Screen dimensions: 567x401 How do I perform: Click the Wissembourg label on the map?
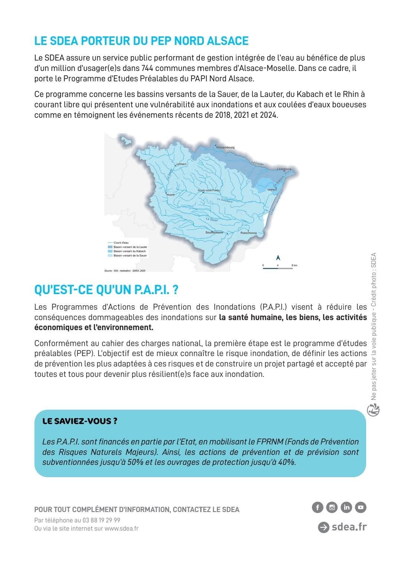pyautogui.click(x=225, y=147)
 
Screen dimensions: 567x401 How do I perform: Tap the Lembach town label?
pyautogui.click(x=181, y=164)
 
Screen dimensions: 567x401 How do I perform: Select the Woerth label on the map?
pyautogui.click(x=170, y=195)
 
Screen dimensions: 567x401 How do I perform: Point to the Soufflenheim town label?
pyautogui.click(x=214, y=232)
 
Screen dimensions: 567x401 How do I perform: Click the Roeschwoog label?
pyautogui.click(x=248, y=233)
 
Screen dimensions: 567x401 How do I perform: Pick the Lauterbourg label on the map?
pyautogui.click(x=284, y=169)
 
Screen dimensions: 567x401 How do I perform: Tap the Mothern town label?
pyautogui.click(x=272, y=189)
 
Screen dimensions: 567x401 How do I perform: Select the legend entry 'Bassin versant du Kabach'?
pyautogui.click(x=130, y=251)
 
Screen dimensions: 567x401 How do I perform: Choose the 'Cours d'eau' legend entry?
pyautogui.click(x=121, y=242)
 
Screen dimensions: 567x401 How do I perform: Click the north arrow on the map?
pyautogui.click(x=278, y=258)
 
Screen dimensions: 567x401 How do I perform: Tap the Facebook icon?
pyautogui.click(x=317, y=507)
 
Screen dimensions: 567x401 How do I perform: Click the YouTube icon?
pyautogui.click(x=361, y=507)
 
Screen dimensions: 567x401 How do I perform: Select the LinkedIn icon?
pyautogui.click(x=346, y=507)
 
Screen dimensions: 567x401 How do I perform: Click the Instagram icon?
pyautogui.click(x=332, y=507)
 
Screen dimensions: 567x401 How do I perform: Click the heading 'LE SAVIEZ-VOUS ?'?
pyautogui.click(x=80, y=421)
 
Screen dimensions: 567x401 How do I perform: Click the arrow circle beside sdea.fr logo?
pyautogui.click(x=323, y=527)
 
